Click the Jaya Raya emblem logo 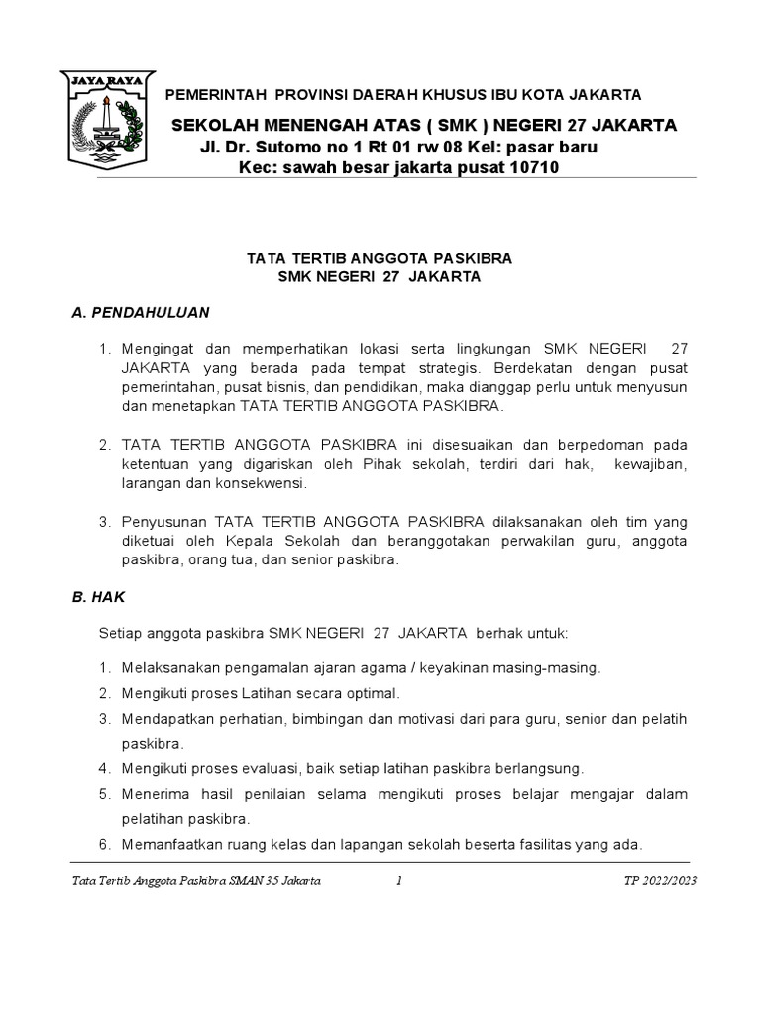pos(101,118)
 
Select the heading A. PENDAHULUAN pos(141,312)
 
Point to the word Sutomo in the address pos(282,147)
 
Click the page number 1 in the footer pos(397,881)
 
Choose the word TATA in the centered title pos(265,257)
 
